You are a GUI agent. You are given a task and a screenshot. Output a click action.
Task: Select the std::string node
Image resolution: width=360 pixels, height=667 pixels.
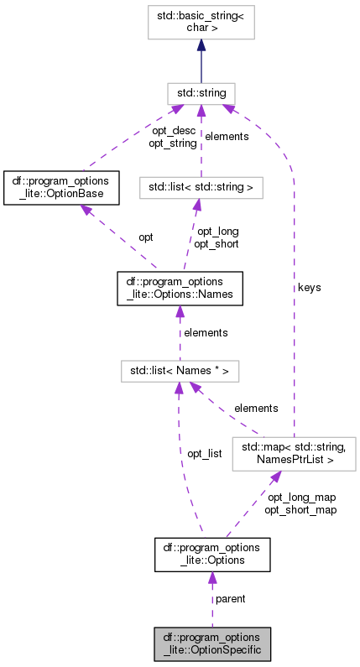tap(201, 92)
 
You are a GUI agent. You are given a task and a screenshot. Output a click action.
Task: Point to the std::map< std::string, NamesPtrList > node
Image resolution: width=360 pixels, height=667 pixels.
tap(294, 453)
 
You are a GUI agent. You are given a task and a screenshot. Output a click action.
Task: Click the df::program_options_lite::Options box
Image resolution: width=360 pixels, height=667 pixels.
tap(211, 555)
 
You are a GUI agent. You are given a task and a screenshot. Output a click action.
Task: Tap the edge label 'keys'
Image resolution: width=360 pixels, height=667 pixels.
tap(310, 287)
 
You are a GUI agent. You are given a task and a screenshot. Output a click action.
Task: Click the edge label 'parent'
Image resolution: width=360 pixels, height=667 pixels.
tap(231, 599)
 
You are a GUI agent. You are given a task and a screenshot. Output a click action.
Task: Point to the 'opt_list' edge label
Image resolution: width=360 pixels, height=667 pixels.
tap(204, 453)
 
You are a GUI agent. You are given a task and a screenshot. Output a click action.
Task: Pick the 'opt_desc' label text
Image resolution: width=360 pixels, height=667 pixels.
tap(174, 131)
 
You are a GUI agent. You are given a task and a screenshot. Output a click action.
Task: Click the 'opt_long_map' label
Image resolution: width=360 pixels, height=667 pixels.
tap(301, 497)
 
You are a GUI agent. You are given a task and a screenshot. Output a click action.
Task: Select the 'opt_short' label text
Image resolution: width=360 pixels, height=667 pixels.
tap(217, 244)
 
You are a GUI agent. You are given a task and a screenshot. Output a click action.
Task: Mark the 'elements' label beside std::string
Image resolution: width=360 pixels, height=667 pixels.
tap(227, 136)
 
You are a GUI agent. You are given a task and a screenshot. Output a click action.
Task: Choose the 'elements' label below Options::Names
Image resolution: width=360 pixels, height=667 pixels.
tap(206, 332)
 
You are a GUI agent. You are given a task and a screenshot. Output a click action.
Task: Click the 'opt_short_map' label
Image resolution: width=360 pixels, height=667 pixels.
tap(300, 509)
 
